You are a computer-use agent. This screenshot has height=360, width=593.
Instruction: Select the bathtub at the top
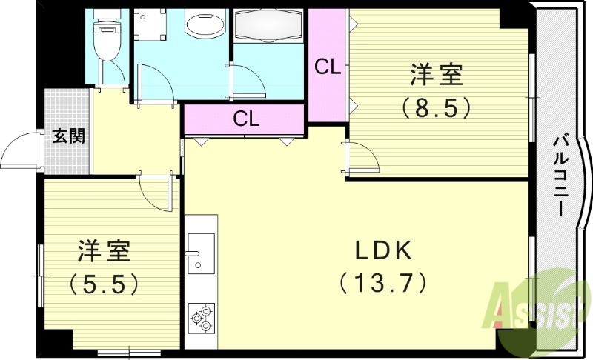point(268,30)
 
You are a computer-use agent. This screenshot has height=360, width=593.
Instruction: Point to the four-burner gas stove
point(201,317)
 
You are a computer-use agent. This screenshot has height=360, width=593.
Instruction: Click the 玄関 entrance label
point(67,136)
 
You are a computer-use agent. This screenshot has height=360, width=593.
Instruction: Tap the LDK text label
point(382,251)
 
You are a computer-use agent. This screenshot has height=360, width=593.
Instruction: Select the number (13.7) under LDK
point(382,282)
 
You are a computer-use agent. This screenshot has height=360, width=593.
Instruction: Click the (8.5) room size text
point(437,108)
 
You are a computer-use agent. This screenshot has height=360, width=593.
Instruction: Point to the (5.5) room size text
point(105,282)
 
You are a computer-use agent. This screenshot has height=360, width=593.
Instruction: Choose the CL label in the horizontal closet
point(245,119)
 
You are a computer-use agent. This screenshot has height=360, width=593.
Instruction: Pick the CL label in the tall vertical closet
point(327,67)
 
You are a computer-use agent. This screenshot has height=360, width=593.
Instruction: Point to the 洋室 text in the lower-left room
point(105,251)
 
